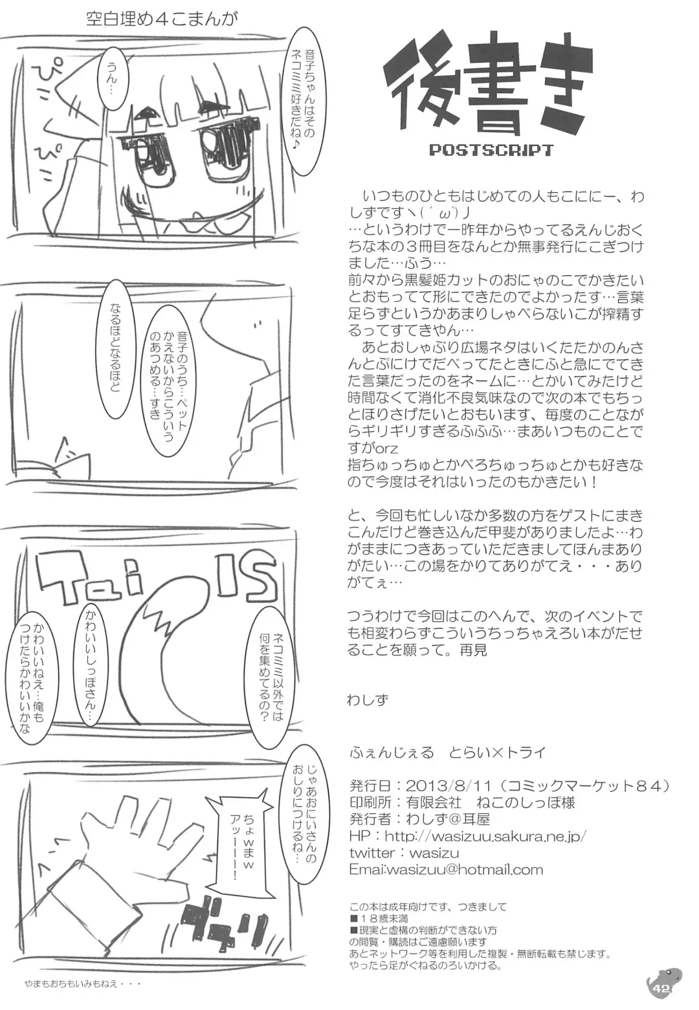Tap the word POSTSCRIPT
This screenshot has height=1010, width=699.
[491, 150]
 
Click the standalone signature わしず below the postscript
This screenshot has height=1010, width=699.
[368, 699]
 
